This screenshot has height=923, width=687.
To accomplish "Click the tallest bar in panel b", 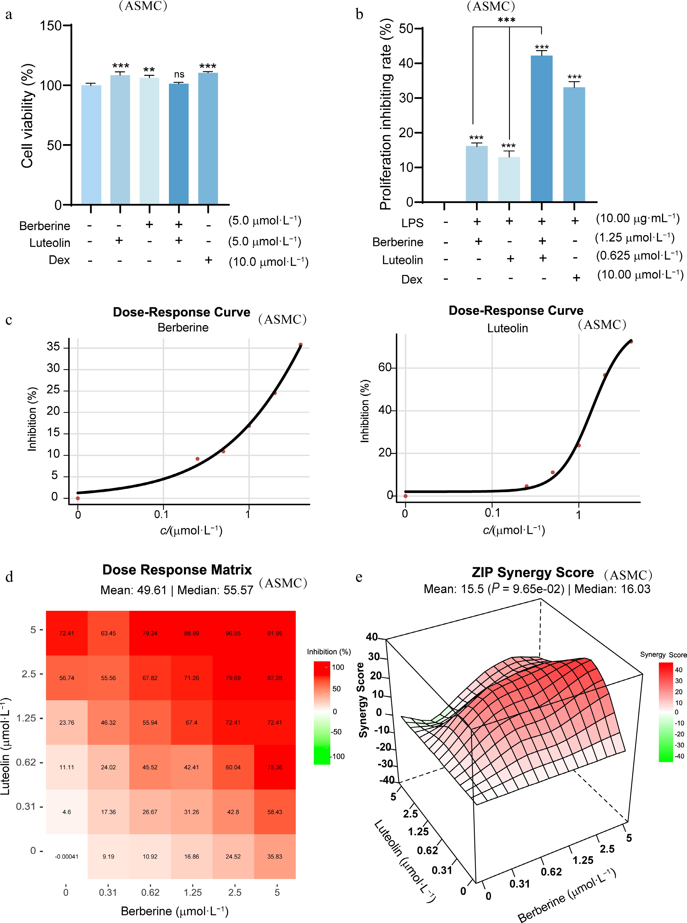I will (x=541, y=129).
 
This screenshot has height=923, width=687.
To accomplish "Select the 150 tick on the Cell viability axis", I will (x=51, y=26).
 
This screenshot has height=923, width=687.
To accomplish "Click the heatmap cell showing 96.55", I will (x=233, y=633).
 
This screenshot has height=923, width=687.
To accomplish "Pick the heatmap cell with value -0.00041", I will (x=67, y=856).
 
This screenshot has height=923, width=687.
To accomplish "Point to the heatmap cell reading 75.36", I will (x=274, y=767).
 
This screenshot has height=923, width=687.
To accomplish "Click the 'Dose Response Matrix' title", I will (x=177, y=570).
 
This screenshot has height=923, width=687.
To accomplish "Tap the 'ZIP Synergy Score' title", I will (x=533, y=572).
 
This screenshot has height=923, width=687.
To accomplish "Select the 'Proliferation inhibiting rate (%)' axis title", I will (x=386, y=114).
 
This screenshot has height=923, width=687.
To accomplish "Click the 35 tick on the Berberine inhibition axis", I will (x=53, y=347).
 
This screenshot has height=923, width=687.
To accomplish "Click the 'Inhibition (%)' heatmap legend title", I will (x=328, y=652).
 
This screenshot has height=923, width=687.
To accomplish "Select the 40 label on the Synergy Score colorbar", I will (x=679, y=670).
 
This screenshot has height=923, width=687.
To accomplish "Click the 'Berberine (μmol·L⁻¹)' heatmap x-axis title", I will (x=175, y=911).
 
